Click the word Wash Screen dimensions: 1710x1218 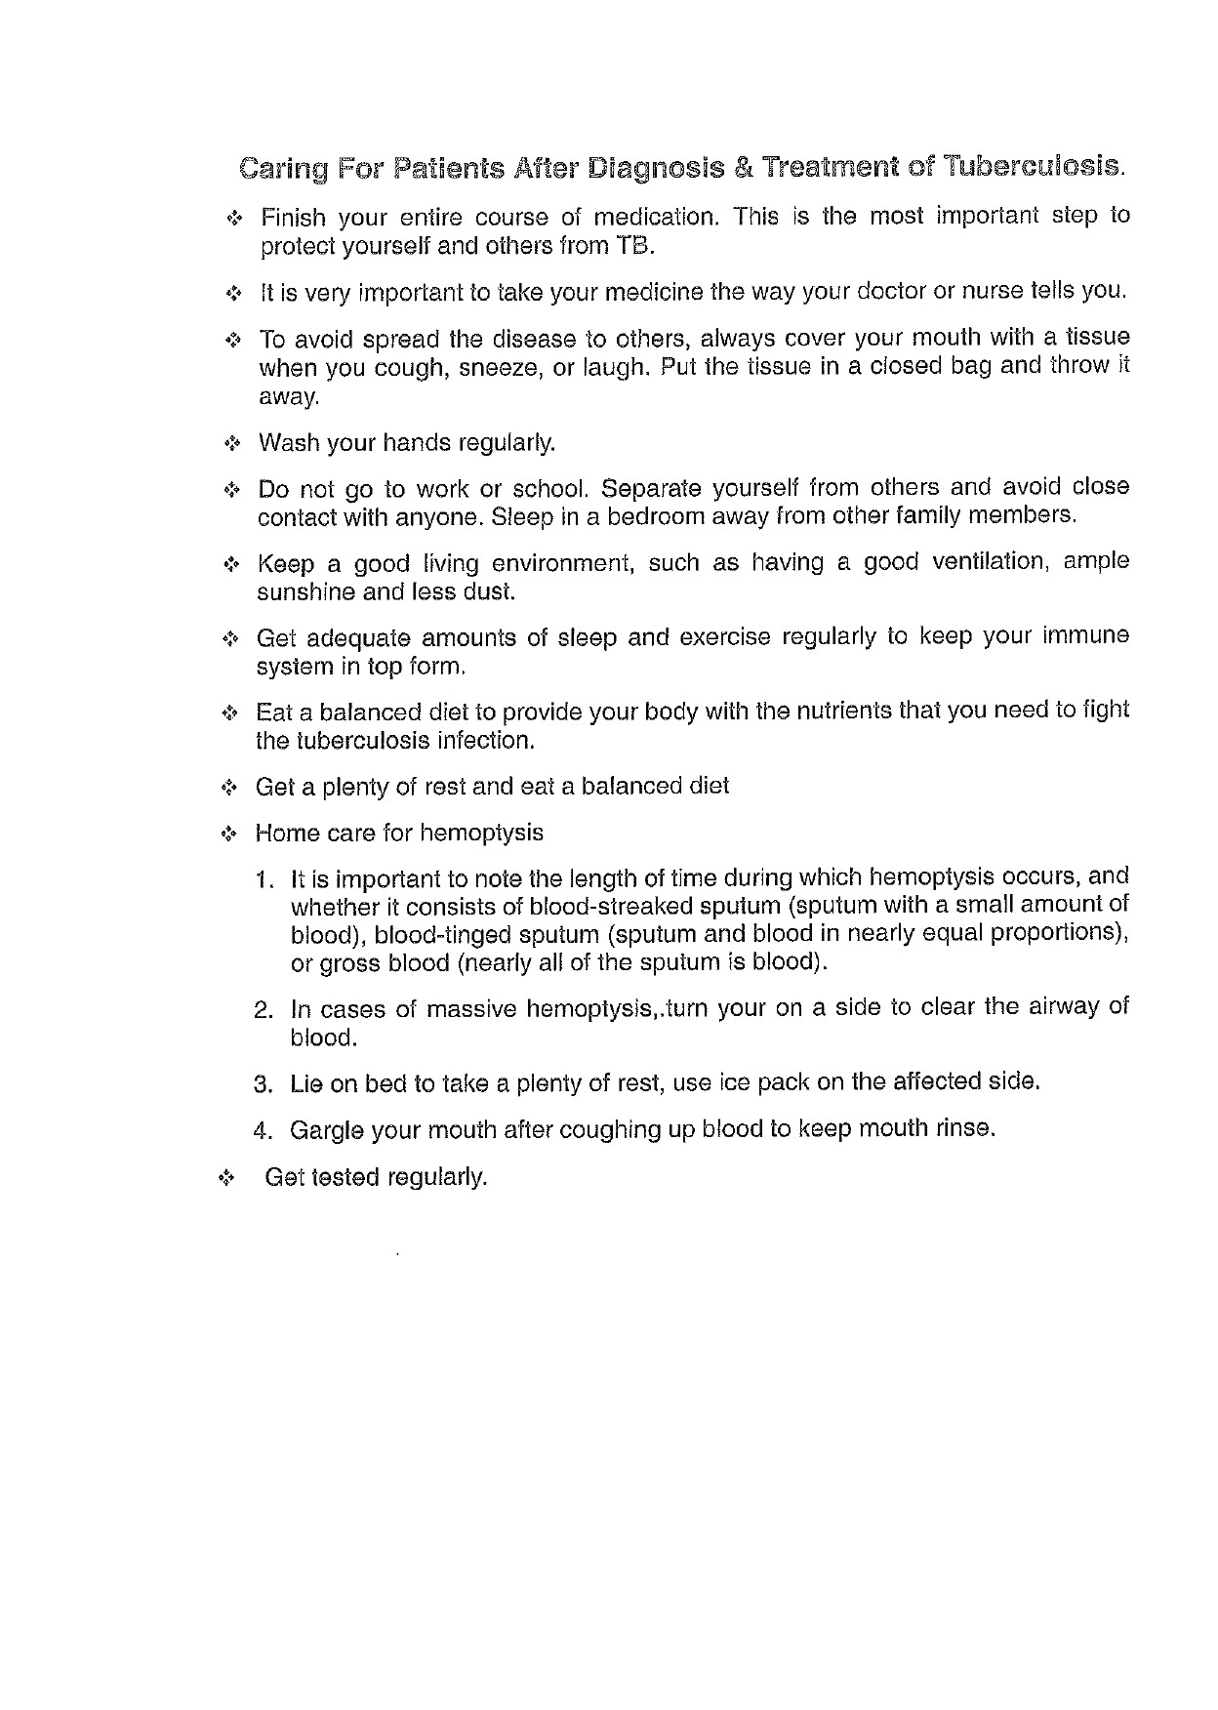click(289, 443)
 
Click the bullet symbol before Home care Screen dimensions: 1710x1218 click(229, 835)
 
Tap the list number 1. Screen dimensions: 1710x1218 click(262, 878)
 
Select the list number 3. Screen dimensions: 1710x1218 click(262, 1083)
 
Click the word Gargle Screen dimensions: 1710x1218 click(327, 1130)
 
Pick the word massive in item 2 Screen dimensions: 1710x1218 click(472, 1008)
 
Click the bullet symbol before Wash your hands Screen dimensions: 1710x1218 click(231, 444)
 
